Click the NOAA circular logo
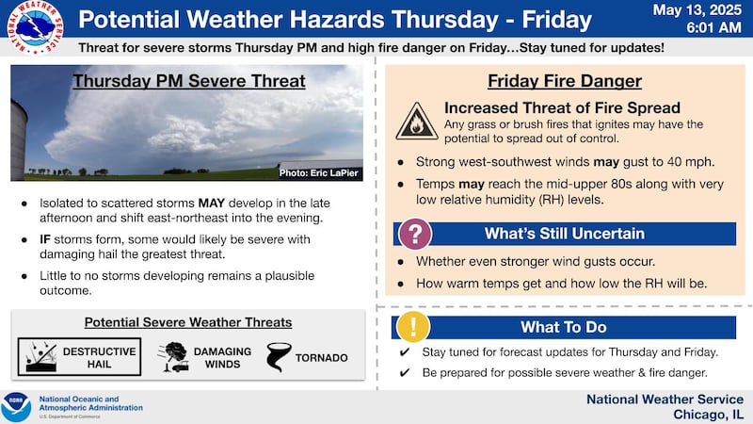[x=16, y=407]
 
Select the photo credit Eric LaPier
[x=319, y=172]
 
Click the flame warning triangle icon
[x=416, y=122]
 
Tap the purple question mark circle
[x=416, y=234]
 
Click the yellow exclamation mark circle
[x=414, y=326]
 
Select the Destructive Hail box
[x=79, y=357]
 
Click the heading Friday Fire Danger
[x=565, y=81]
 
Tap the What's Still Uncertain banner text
[x=565, y=234]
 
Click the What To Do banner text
[x=565, y=327]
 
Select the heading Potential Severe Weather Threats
[x=188, y=322]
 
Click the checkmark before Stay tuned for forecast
[x=404, y=352]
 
